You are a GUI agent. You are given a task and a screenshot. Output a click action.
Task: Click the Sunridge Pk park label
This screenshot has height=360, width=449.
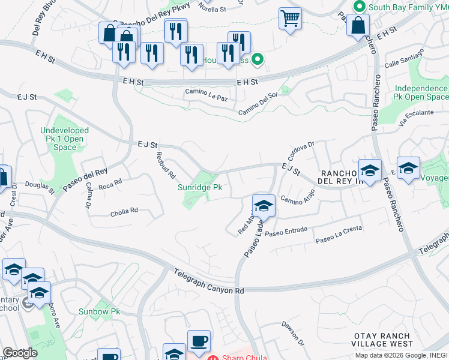click(200, 187)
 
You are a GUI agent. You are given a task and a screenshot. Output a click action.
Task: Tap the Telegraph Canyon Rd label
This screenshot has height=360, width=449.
click(209, 281)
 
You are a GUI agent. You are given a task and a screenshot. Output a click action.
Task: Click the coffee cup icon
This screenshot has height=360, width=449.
click(199, 341)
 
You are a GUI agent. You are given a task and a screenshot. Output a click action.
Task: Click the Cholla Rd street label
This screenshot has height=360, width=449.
click(124, 211)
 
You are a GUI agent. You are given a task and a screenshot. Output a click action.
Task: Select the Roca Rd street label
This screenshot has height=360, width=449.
click(110, 181)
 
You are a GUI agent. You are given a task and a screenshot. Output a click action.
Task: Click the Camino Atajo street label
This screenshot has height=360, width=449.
click(298, 200)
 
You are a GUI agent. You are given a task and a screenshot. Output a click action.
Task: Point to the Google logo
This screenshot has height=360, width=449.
click(20, 353)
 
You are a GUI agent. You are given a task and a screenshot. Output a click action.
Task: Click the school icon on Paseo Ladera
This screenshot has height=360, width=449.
click(264, 206)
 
